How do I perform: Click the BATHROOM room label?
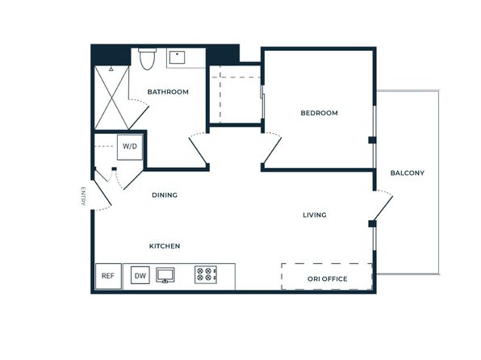(x=168, y=92)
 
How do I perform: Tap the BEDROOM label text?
(x=319, y=113)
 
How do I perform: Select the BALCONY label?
(x=407, y=173)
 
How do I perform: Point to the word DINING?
(x=165, y=195)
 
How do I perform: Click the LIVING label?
(x=315, y=215)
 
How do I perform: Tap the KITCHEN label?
(x=165, y=246)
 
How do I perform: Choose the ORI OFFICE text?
(x=328, y=279)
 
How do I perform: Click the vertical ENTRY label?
(x=82, y=196)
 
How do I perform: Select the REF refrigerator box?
(x=108, y=276)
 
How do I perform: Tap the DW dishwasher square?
(x=140, y=275)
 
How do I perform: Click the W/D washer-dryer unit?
(x=130, y=147)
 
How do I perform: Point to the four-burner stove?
(x=206, y=274)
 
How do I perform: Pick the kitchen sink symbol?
(x=165, y=275)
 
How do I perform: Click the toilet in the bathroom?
(x=147, y=59)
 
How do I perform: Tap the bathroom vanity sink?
(x=177, y=57)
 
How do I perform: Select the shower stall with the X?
(x=111, y=98)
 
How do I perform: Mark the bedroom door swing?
(x=272, y=149)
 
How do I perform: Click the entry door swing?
(x=102, y=195)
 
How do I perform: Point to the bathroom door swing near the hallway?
(x=198, y=149)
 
